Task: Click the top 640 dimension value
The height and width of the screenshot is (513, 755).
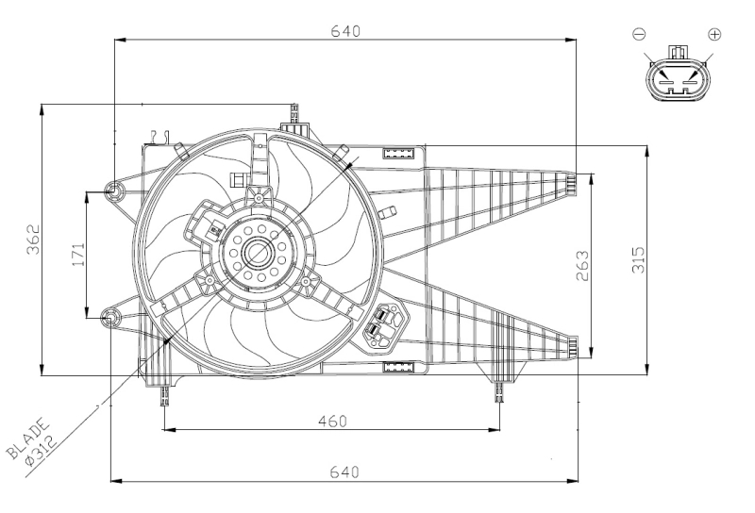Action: click(345, 30)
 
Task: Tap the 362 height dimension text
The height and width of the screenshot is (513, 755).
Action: click(33, 240)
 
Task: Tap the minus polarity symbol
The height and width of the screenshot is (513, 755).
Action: click(639, 34)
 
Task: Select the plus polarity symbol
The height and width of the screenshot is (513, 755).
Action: click(714, 34)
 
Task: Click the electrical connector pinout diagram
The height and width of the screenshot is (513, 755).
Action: click(677, 77)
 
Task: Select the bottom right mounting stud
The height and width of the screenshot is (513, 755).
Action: click(500, 389)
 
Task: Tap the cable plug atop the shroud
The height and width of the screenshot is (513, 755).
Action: click(295, 117)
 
